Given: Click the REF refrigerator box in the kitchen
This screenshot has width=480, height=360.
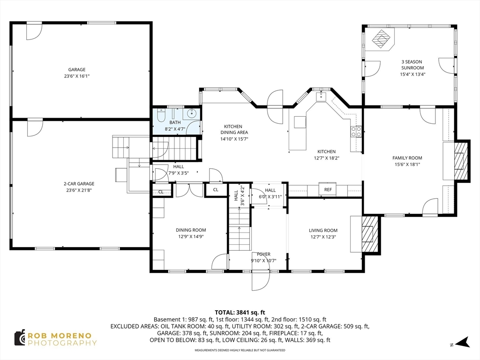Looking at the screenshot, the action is pyautogui.click(x=328, y=189).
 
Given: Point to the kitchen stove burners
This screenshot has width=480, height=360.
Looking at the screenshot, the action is pyautogui.click(x=356, y=132).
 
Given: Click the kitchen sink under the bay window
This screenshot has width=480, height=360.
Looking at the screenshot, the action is pyautogui.click(x=322, y=97).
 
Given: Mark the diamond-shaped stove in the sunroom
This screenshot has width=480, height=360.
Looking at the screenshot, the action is pyautogui.click(x=382, y=39).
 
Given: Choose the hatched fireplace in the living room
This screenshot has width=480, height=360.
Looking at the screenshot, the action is pyautogui.click(x=369, y=234).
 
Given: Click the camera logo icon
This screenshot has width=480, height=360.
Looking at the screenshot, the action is pyautogui.click(x=20, y=338).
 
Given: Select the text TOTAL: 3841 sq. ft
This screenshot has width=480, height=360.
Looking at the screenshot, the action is pyautogui.click(x=240, y=313).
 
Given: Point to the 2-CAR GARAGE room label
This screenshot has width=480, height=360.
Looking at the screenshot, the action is pyautogui.click(x=79, y=184).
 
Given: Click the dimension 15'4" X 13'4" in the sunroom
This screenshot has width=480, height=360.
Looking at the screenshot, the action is pyautogui.click(x=412, y=74).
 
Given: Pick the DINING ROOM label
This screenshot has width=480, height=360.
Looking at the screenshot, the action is pyautogui.click(x=191, y=230).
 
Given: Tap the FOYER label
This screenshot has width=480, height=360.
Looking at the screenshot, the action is pyautogui.click(x=263, y=254).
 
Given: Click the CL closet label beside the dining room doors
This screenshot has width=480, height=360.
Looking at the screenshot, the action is pyautogui.click(x=216, y=190).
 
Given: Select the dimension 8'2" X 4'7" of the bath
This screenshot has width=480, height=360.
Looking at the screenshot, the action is pyautogui.click(x=175, y=129).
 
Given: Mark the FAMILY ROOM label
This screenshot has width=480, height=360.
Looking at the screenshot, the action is pyautogui.click(x=407, y=158).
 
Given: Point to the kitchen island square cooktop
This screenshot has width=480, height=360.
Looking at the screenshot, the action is pyautogui.click(x=300, y=122).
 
